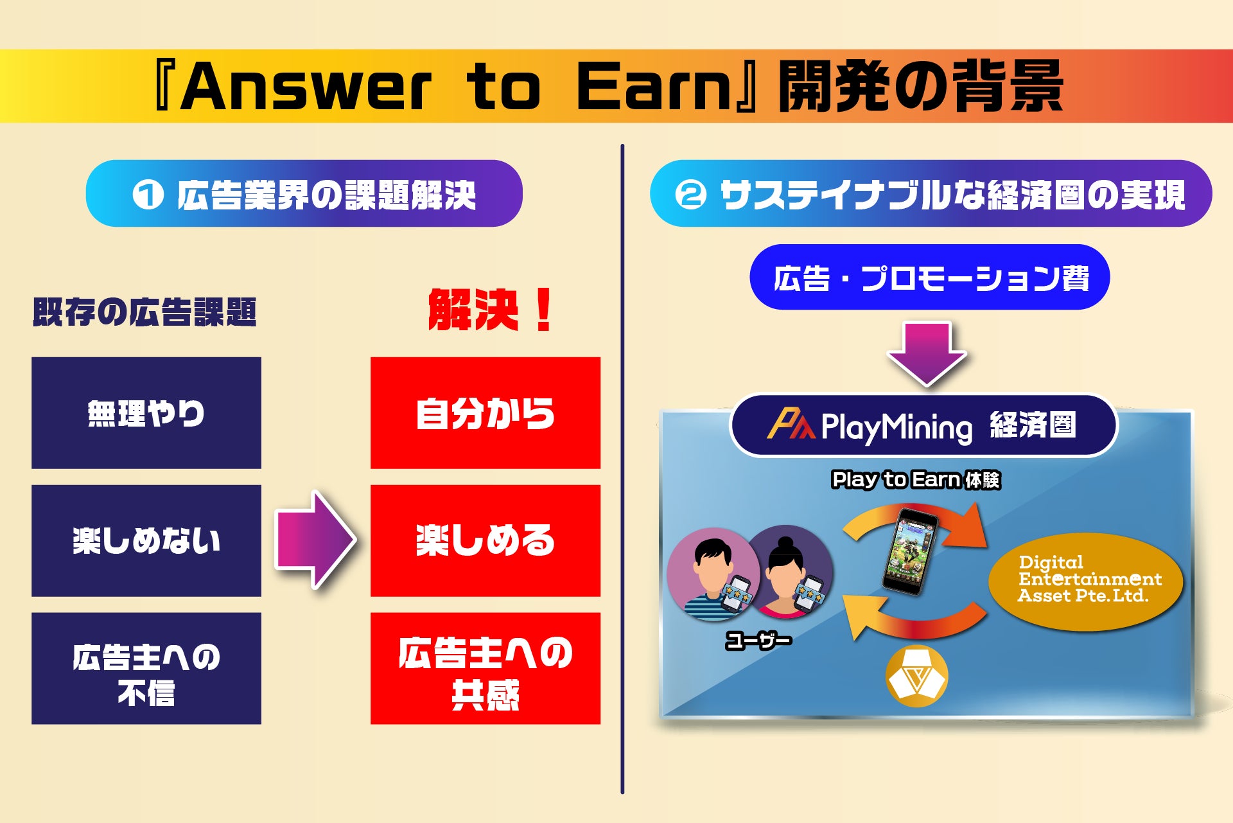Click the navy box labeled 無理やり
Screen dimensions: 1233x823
146,412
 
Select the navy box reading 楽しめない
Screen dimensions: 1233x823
146,540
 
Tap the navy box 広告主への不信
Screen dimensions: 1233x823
146,668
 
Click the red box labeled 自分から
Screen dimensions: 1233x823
485,412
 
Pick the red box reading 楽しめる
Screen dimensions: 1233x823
485,540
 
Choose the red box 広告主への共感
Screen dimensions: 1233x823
485,668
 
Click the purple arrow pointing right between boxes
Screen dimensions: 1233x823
315,540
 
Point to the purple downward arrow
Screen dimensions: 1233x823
927,353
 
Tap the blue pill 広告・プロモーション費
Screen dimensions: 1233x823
929,278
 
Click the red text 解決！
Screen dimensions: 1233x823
491,310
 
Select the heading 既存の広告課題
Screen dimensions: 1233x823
144,312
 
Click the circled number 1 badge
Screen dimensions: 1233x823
148,194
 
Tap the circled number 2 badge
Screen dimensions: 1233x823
691,194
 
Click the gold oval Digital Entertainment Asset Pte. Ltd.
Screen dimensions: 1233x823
1085,581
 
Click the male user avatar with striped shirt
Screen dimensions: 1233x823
713,574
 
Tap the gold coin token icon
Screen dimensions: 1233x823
916,676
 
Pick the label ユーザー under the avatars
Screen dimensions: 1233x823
758,640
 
